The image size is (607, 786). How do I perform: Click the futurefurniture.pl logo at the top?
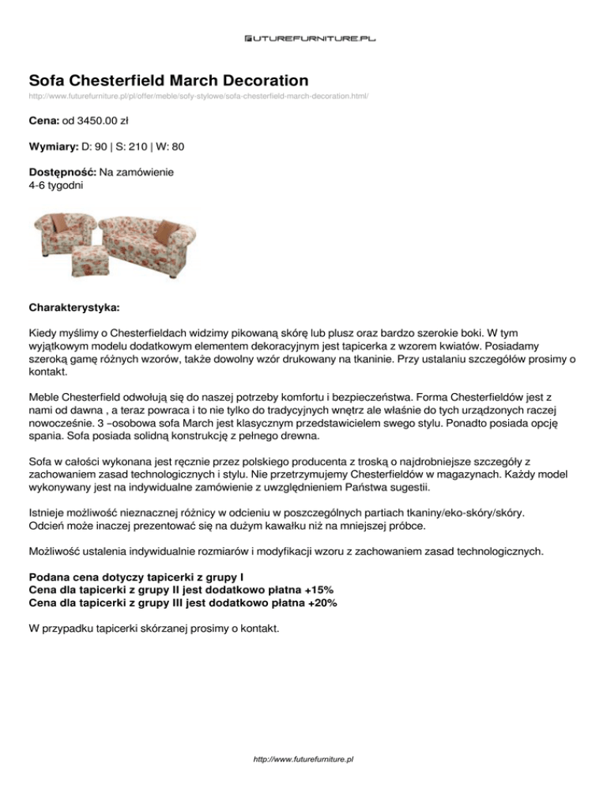[x=303, y=37]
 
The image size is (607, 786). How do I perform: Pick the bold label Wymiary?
[x=53, y=146]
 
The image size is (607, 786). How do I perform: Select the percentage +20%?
[x=320, y=603]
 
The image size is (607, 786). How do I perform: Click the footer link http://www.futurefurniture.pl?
[x=303, y=758]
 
